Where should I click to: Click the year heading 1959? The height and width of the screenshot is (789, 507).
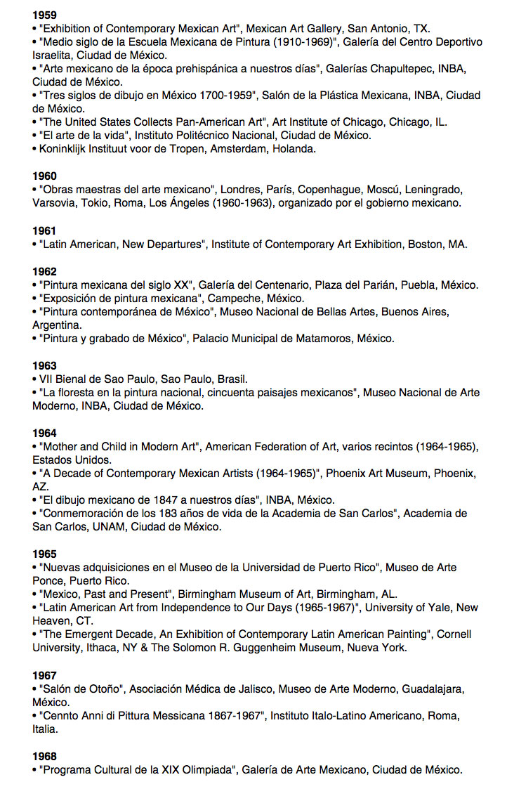tap(44, 15)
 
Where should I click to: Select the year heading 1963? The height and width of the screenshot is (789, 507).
tap(44, 365)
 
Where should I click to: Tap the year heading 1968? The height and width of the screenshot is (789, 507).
tap(44, 756)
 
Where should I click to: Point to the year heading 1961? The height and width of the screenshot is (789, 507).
tap(44, 230)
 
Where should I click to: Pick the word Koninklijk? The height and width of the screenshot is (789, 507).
tap(67, 149)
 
